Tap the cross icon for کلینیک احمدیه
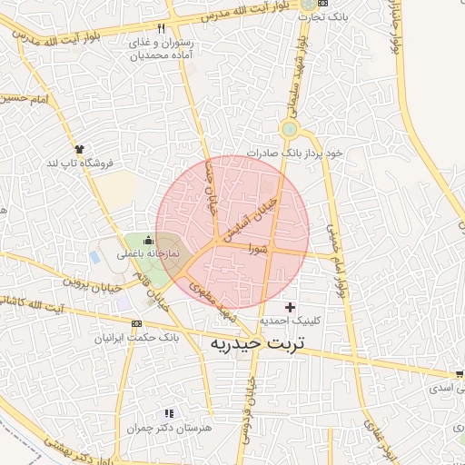pyautogui.click(x=290, y=308)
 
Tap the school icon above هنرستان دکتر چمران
pyautogui.click(x=168, y=413)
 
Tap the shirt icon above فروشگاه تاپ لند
pyautogui.click(x=79, y=149)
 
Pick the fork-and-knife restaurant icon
pyautogui.click(x=161, y=29)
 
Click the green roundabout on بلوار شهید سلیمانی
pyautogui.click(x=289, y=130)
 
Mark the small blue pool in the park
pyautogui.click(x=95, y=257)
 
